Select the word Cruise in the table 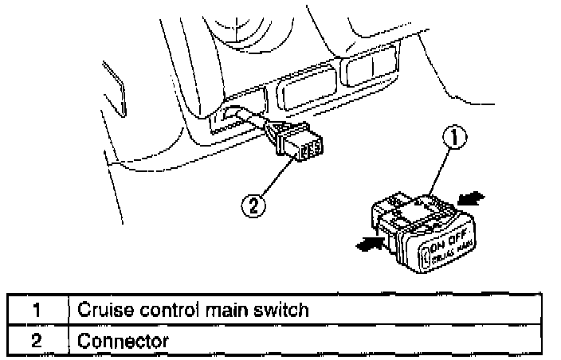click(101, 310)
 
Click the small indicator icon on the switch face click(423, 256)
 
